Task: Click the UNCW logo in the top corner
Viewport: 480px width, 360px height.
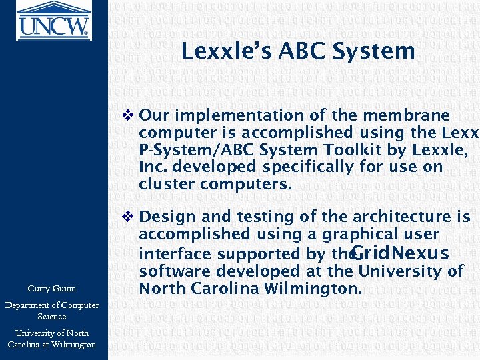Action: point(53,19)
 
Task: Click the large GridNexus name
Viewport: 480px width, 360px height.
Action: point(399,253)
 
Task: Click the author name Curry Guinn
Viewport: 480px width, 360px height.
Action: point(51,289)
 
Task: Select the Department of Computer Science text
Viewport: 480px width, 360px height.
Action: point(51,311)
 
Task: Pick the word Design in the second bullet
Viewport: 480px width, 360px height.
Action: point(164,217)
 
